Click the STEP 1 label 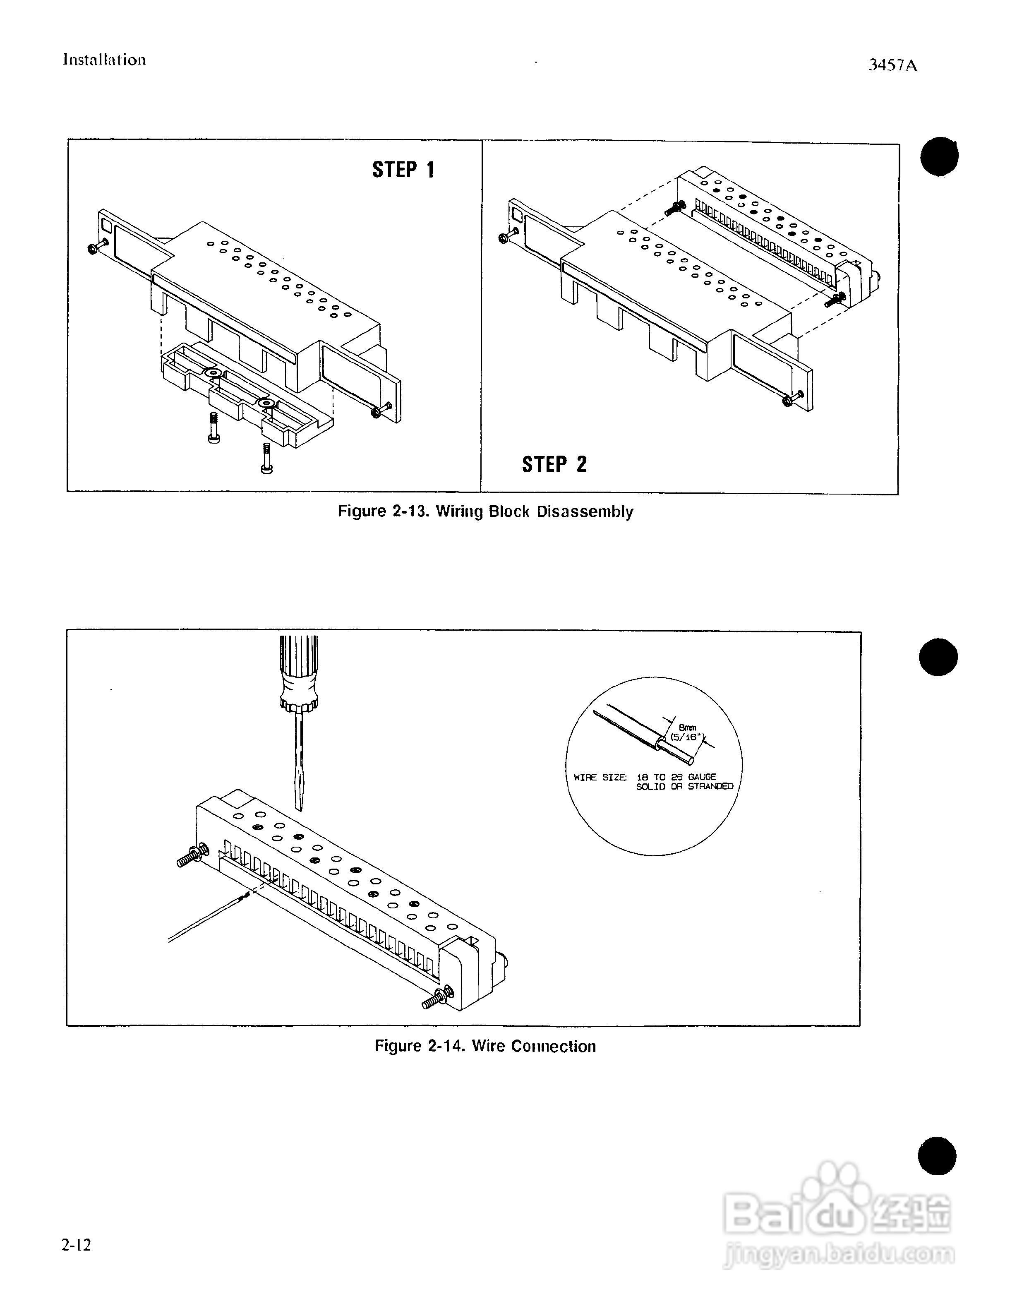click(403, 170)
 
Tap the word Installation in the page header click(104, 60)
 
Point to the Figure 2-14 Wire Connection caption click(485, 1046)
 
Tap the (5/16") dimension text click(686, 737)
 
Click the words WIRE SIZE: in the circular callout click(600, 777)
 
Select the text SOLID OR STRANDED click(685, 786)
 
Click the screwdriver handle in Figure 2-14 click(299, 672)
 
